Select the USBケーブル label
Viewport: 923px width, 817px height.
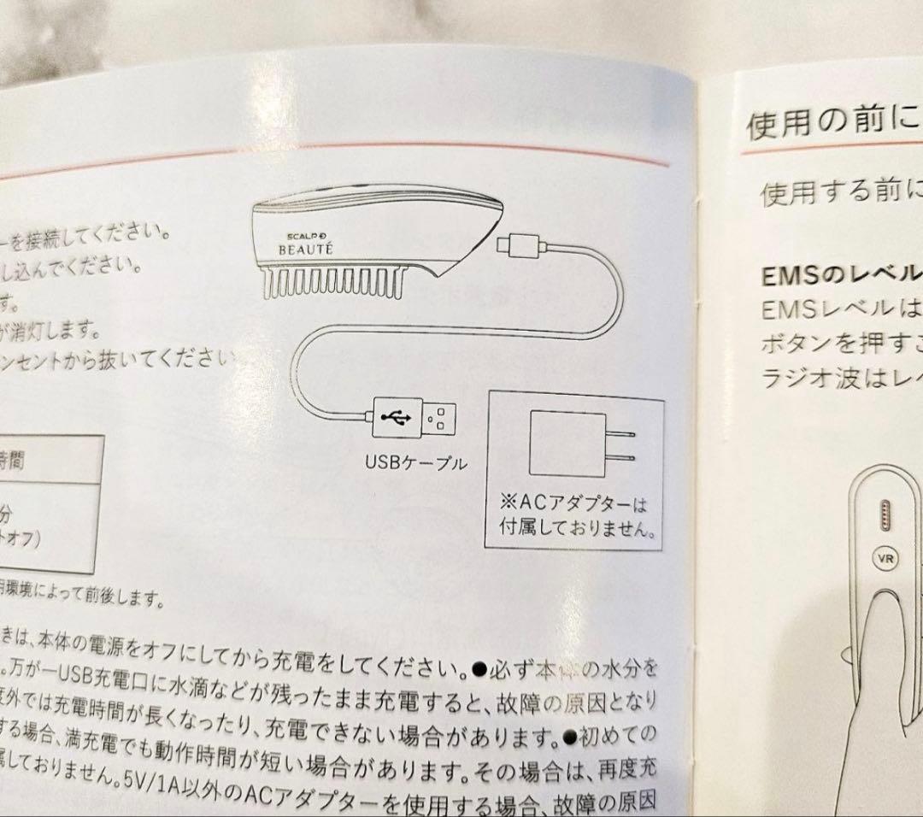click(416, 463)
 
